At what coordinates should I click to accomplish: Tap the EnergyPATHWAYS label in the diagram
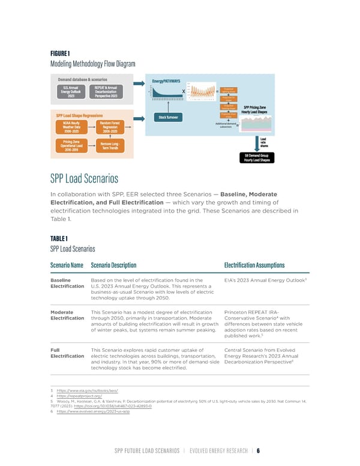pyautogui.click(x=166, y=81)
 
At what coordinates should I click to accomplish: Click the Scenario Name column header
pyautogui.click(x=67, y=265)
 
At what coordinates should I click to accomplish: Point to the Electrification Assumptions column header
pyautogui.click(x=254, y=265)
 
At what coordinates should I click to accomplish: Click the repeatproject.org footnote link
pyautogui.click(x=79, y=396)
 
